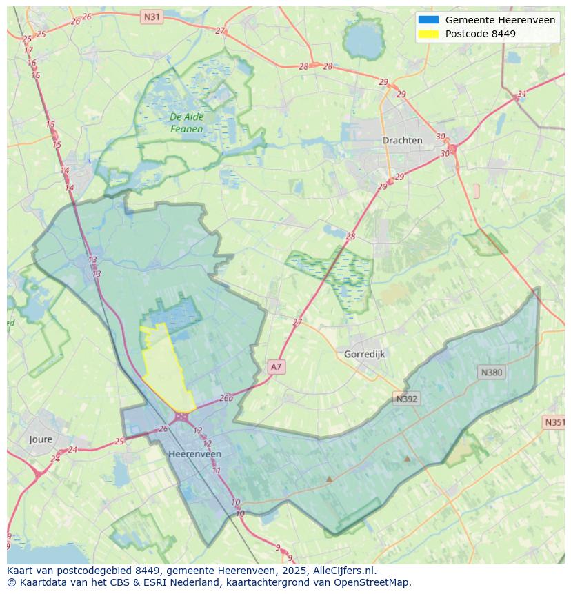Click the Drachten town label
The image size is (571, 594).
[402, 140]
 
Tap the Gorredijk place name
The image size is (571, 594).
[364, 354]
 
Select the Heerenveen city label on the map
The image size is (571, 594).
[194, 454]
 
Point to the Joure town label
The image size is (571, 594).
[41, 439]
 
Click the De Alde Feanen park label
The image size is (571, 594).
[187, 123]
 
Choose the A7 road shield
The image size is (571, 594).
[276, 367]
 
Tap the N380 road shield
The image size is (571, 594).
[491, 373]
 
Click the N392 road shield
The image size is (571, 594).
[407, 399]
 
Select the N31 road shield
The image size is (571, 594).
[151, 16]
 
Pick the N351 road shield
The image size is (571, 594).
[554, 422]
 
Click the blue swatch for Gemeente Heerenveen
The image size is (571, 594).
[428, 20]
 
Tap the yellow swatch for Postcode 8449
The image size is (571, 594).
[428, 34]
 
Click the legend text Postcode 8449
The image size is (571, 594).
[480, 34]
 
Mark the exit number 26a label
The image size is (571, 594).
[226, 398]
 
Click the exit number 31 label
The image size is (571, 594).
[522, 95]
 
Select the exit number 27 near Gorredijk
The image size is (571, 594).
[297, 322]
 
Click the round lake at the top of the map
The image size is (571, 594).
[363, 41]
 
